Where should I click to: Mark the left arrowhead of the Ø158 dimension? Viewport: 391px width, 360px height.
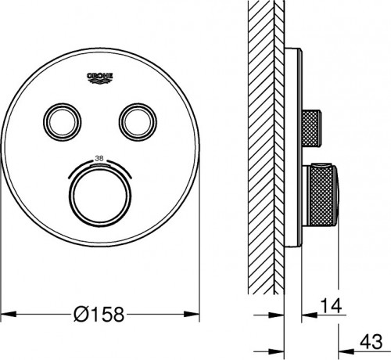(6, 315)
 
